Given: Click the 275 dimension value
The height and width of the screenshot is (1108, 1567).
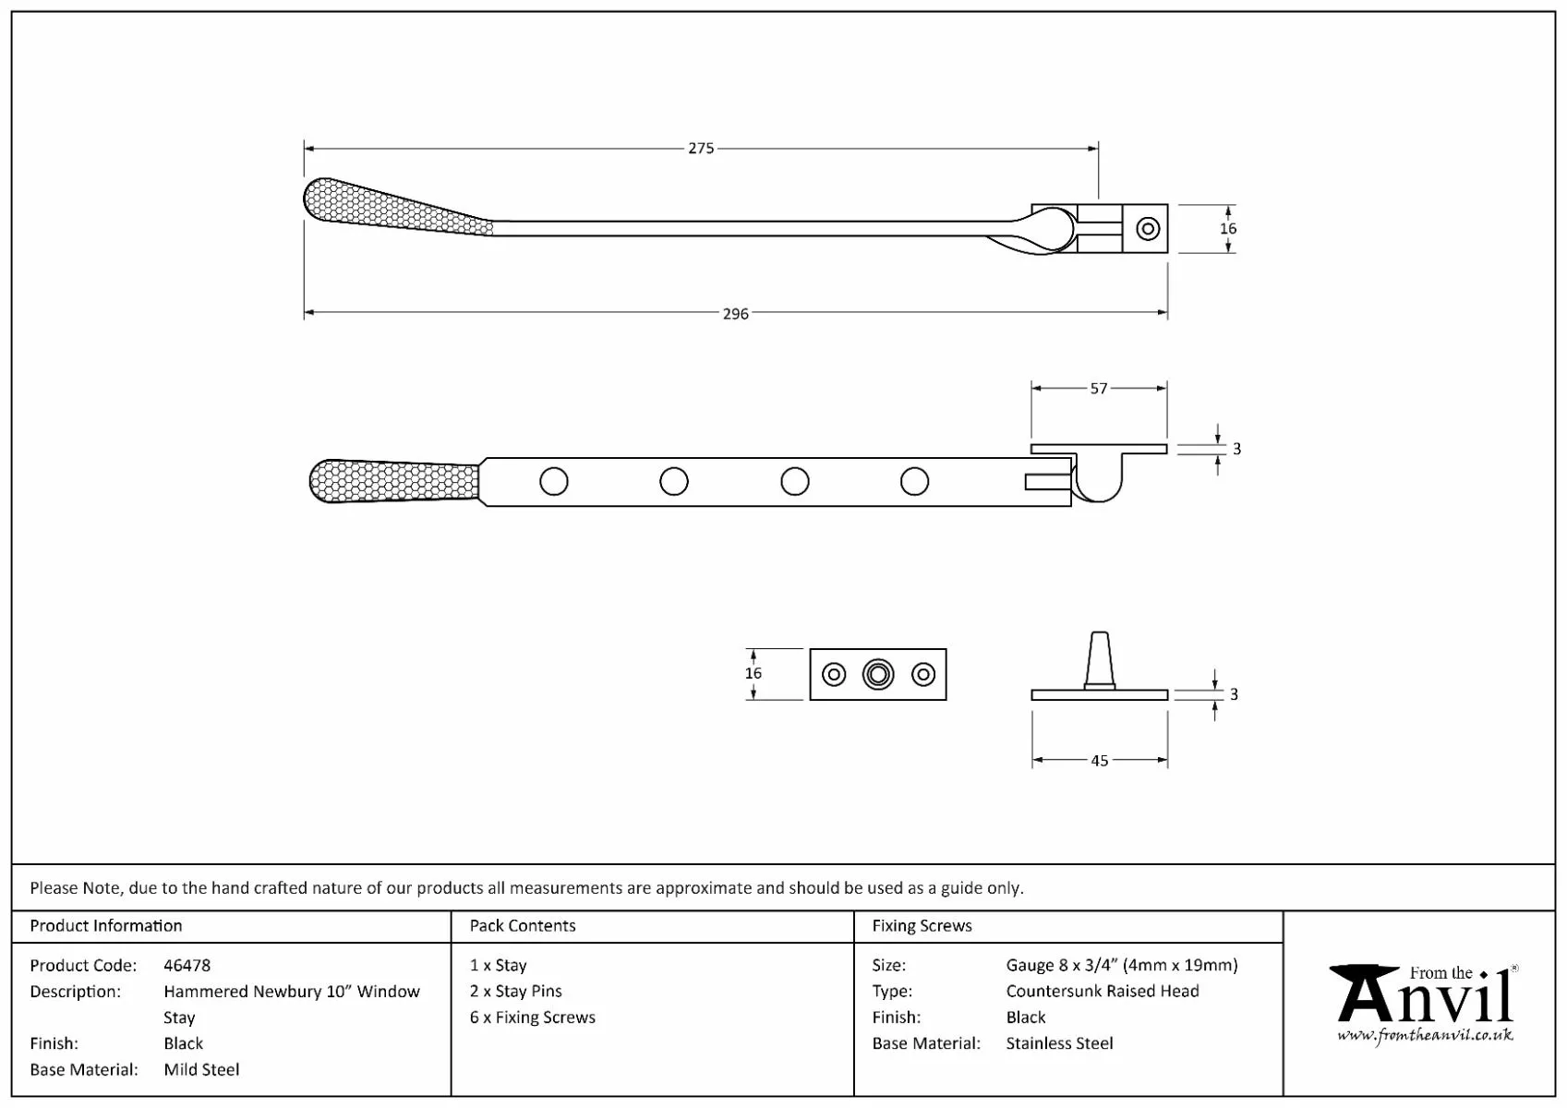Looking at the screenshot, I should click(701, 148).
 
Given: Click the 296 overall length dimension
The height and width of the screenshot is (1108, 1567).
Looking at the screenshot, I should click(735, 314).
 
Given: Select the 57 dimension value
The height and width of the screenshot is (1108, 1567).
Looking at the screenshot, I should click(1098, 389).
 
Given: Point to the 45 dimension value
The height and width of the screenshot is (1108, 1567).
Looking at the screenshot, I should click(1099, 761).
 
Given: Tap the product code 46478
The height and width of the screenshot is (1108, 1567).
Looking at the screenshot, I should click(187, 965).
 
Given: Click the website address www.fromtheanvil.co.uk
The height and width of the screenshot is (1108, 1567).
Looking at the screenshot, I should click(1425, 1035).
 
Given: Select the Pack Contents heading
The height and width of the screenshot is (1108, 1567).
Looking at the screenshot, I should click(522, 925).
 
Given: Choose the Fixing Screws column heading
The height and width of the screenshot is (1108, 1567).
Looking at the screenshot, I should click(922, 925).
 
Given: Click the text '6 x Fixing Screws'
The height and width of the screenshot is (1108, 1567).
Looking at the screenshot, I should click(532, 1017).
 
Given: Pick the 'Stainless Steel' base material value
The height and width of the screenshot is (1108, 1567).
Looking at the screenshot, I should click(1059, 1042).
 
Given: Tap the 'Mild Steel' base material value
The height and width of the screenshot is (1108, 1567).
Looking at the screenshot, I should click(201, 1069).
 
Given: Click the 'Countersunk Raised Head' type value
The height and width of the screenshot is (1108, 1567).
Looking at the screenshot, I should click(1102, 991).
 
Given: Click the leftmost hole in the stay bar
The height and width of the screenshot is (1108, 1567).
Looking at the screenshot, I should click(554, 481).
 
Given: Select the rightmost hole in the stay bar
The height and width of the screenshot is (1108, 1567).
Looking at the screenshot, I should click(914, 481).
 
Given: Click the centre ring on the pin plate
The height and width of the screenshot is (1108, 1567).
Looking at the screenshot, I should click(878, 674).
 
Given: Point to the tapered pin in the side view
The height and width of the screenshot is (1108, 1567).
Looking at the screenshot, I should click(1098, 659).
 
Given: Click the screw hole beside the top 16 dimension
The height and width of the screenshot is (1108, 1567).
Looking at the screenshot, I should click(1148, 228).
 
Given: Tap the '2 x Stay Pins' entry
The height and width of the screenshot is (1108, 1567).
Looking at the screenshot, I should click(515, 991).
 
